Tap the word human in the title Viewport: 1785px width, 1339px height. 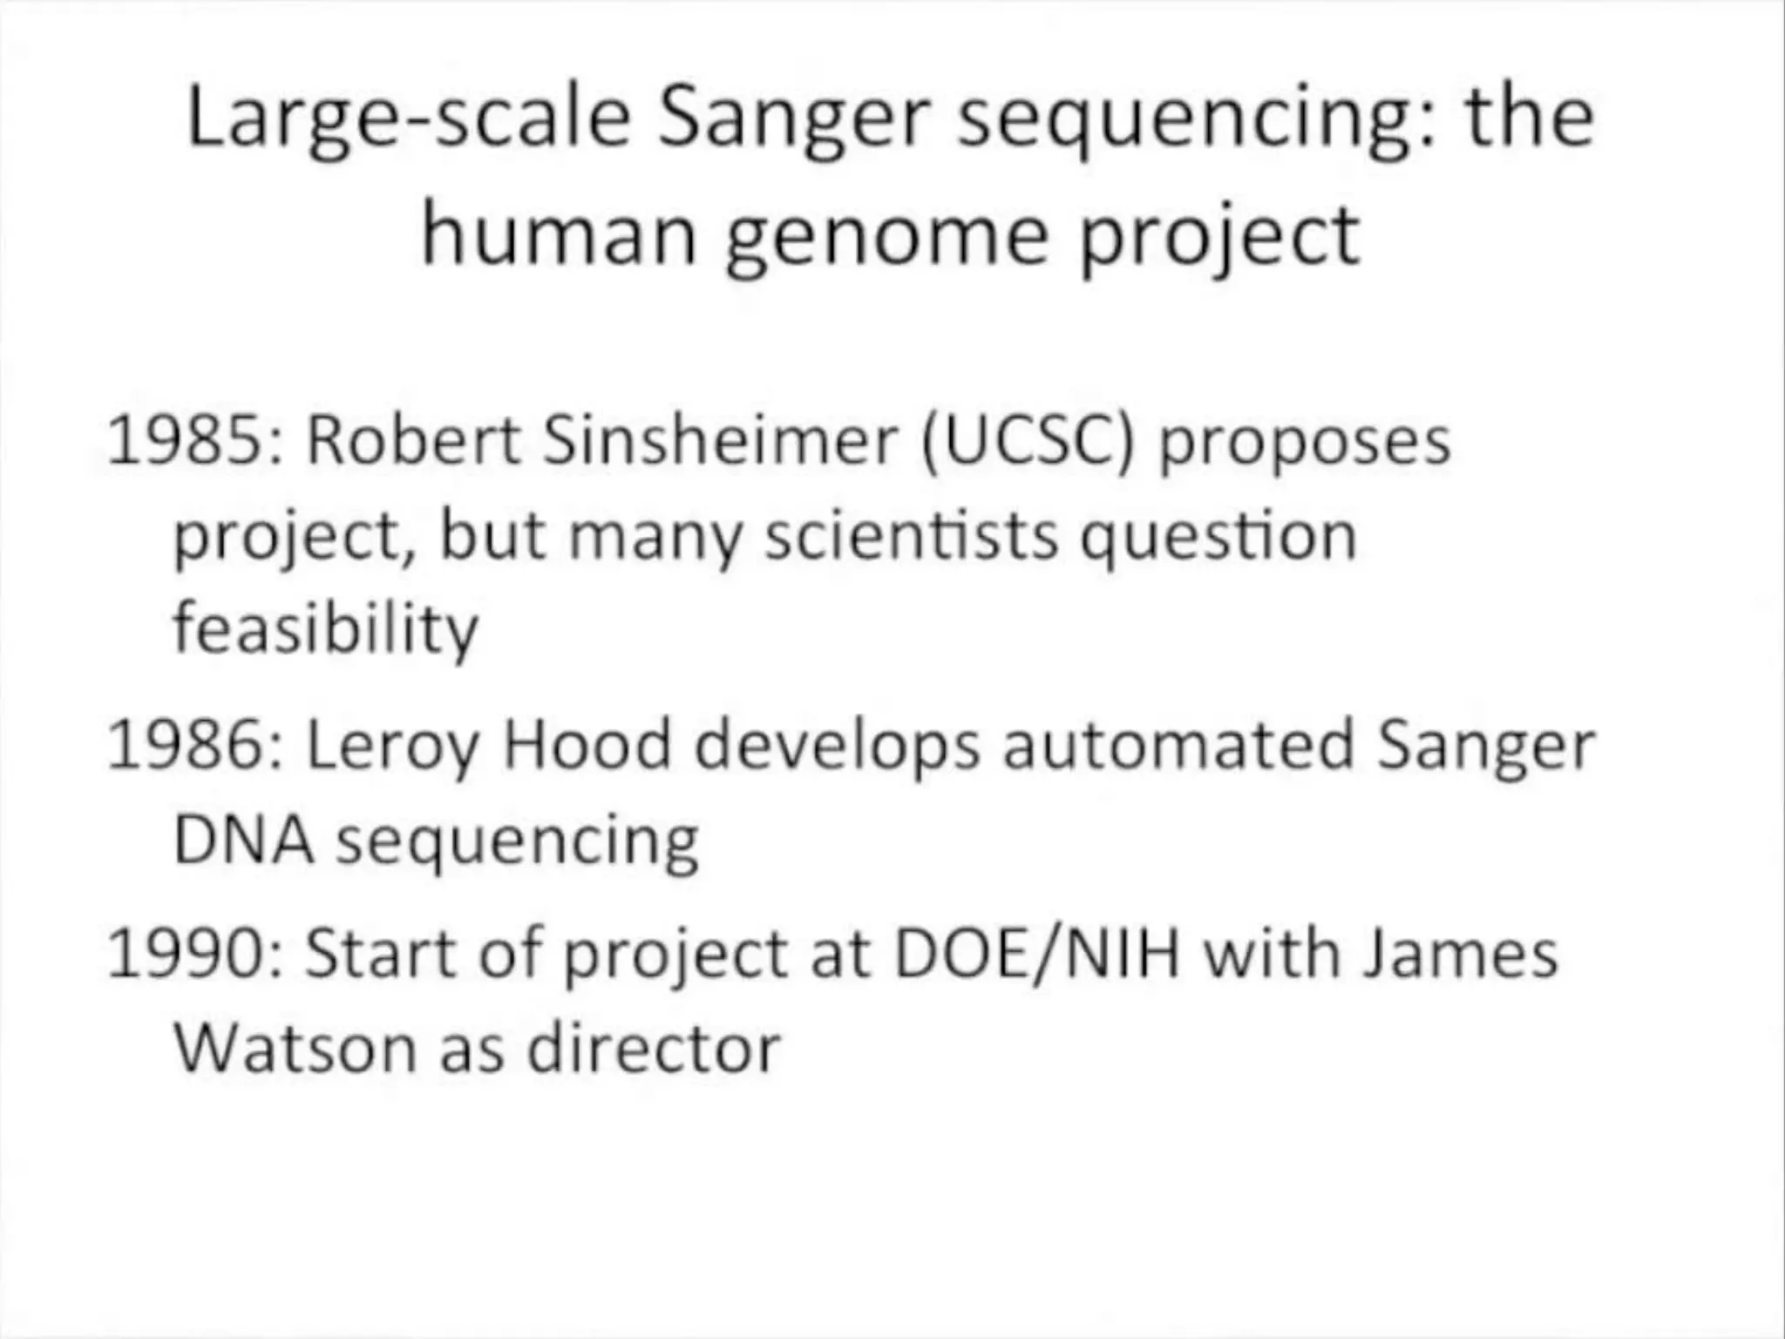pos(559,235)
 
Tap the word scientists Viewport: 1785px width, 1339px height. pos(912,535)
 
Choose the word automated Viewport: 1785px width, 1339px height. pos(1178,746)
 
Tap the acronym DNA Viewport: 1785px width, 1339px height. pos(243,841)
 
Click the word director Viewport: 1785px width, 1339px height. pos(654,1048)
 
